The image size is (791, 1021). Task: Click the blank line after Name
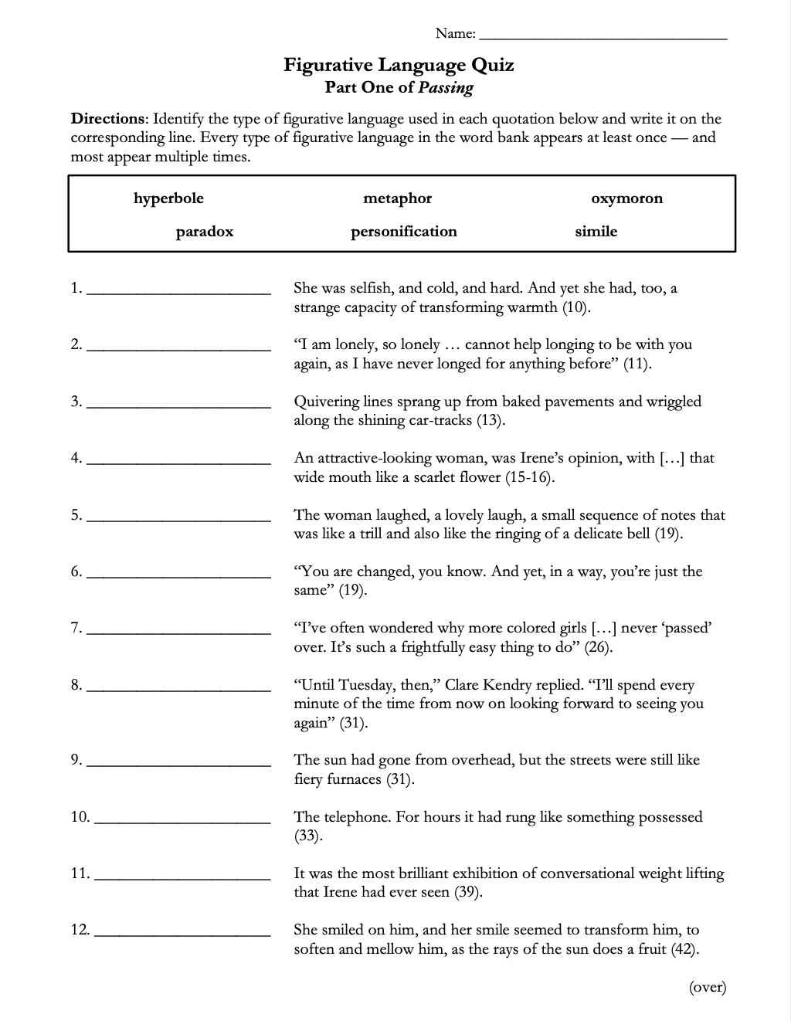[x=603, y=35]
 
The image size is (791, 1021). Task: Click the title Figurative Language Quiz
[x=399, y=65]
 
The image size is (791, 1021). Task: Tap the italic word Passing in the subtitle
[x=446, y=87]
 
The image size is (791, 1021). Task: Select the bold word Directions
[x=108, y=119]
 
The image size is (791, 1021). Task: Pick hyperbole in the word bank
[x=168, y=198]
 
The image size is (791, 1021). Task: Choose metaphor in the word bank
[x=397, y=198]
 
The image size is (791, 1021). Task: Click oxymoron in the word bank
[x=626, y=198]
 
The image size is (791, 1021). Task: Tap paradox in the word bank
[x=204, y=232]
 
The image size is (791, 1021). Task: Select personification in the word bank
[x=403, y=232]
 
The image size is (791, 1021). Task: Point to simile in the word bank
[x=596, y=232]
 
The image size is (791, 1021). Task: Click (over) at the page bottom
[x=707, y=987]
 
